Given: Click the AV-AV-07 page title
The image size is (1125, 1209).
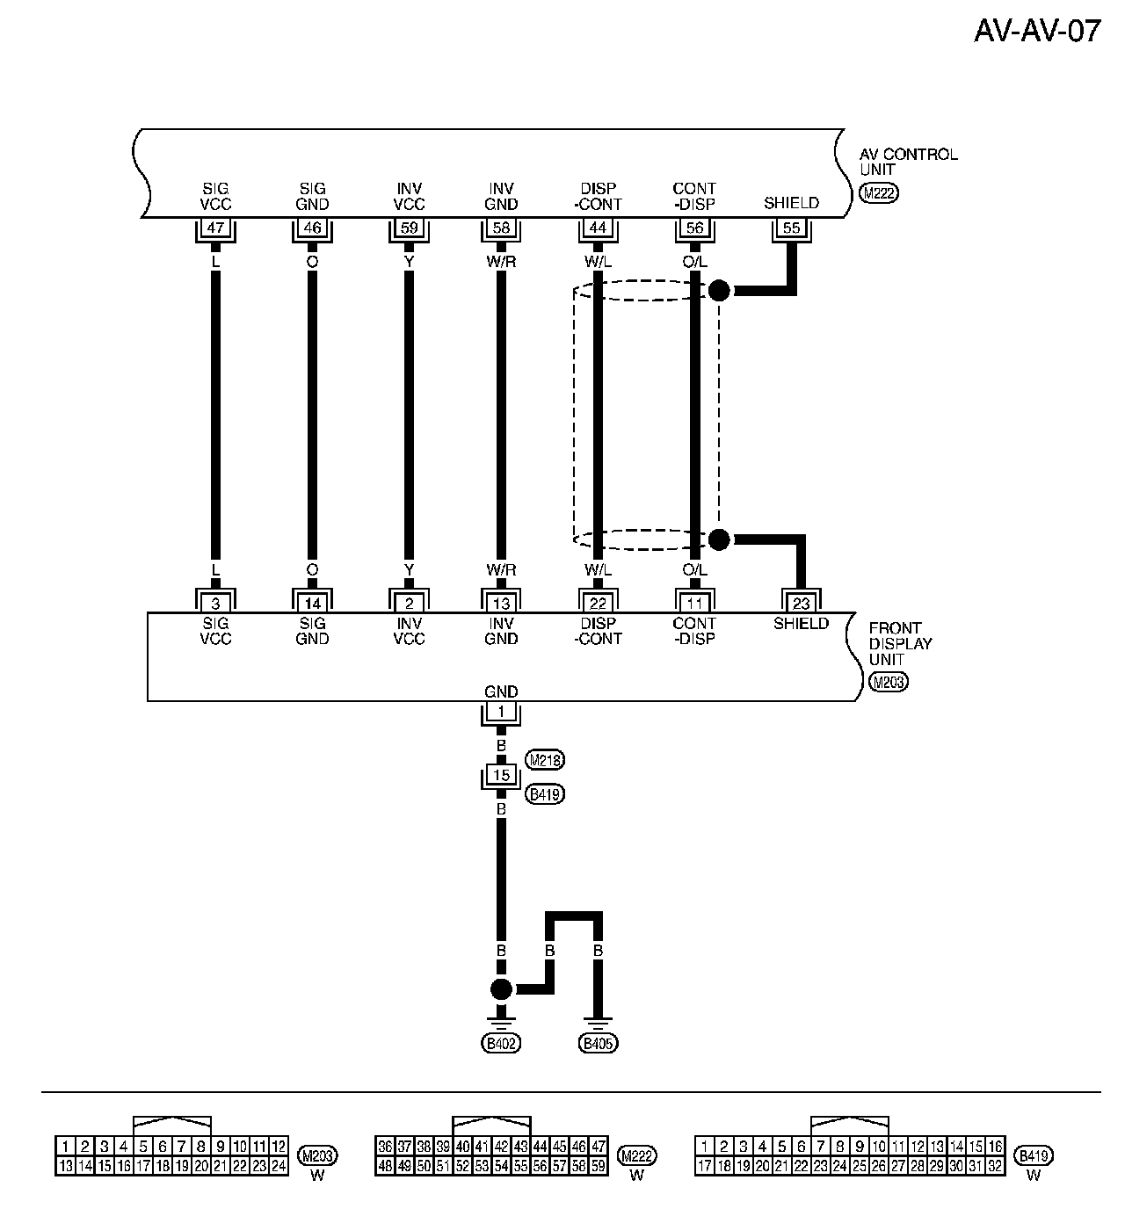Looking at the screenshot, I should tap(1037, 31).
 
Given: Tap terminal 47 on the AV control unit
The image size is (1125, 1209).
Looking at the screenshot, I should tap(215, 228).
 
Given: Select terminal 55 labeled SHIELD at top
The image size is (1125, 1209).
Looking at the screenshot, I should tap(791, 228).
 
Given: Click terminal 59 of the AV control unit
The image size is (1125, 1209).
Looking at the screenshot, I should tap(409, 228).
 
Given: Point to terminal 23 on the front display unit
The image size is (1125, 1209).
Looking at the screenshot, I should tap(801, 603).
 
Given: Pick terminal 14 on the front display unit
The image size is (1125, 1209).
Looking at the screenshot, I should tap(312, 603).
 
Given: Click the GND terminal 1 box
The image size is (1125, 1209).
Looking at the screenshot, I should tap(501, 713).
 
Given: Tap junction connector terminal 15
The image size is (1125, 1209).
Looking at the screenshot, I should tap(501, 775).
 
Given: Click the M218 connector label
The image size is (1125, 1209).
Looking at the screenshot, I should tap(544, 759).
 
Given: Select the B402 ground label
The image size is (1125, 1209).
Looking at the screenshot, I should tap(501, 1043).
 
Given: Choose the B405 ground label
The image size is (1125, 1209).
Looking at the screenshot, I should tap(598, 1043).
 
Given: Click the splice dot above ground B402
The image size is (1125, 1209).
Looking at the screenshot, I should tap(501, 989).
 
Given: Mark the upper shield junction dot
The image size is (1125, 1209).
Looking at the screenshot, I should tap(719, 291).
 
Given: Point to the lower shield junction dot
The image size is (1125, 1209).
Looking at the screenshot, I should tap(719, 539).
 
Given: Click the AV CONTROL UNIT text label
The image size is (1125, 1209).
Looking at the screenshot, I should tap(908, 162).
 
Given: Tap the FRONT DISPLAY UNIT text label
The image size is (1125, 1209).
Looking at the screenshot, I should tap(900, 643).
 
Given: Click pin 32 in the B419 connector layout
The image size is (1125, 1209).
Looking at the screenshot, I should tap(995, 1166).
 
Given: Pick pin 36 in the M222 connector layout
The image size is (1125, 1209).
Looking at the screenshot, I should tap(384, 1147).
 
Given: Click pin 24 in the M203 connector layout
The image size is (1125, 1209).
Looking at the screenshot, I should tap(278, 1166).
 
